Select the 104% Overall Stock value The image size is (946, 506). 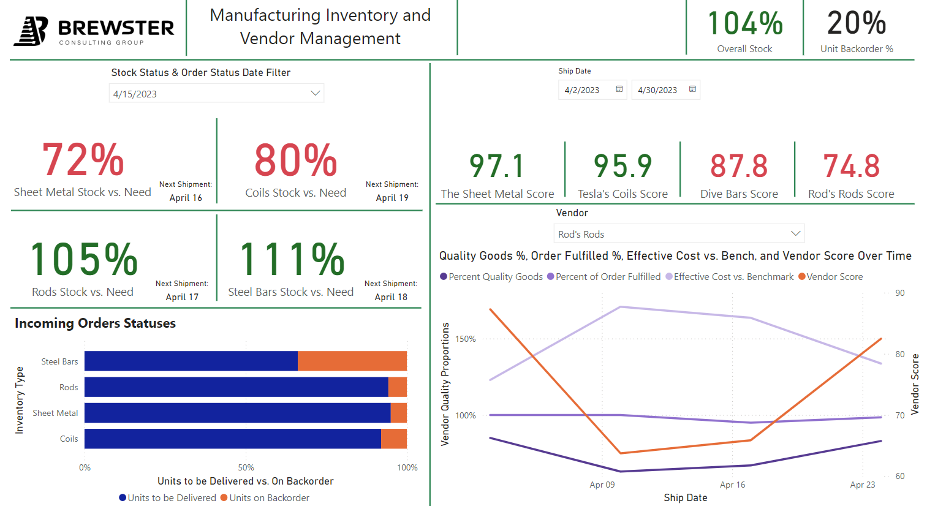click(745, 24)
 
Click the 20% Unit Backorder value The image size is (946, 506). click(857, 24)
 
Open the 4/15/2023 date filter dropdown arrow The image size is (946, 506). click(315, 93)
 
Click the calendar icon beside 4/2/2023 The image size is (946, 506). click(619, 89)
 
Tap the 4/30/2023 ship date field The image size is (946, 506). click(658, 90)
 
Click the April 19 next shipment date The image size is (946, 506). click(392, 198)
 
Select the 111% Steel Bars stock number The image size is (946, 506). click(292, 260)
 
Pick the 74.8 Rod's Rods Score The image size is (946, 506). click(851, 167)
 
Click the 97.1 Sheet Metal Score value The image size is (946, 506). click(497, 167)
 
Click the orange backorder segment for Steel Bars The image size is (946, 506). click(352, 361)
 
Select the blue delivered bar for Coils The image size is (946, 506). click(233, 439)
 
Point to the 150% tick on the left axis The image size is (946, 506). click(466, 339)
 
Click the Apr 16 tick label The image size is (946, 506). click(732, 485)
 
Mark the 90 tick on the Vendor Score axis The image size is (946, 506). click(899, 293)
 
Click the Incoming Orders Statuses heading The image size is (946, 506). click(95, 323)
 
